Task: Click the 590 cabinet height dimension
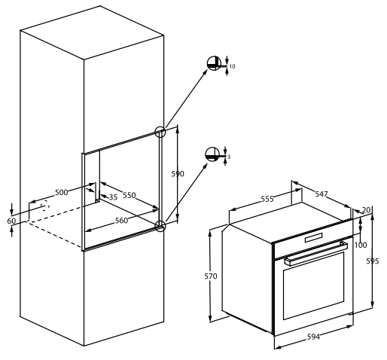[x=178, y=174]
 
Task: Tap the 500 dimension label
[x=62, y=192]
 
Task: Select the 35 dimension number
[x=113, y=197]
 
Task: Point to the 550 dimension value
[x=130, y=195]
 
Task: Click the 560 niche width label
[x=121, y=221]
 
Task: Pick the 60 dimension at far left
[x=11, y=221]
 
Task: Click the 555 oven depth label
[x=267, y=199]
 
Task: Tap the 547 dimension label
[x=321, y=194]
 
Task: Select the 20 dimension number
[x=367, y=210]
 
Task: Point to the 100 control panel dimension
[x=361, y=245]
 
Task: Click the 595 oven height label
[x=373, y=261]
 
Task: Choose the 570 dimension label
[x=211, y=276]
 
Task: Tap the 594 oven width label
[x=314, y=337]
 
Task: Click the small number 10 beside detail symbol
[x=233, y=66]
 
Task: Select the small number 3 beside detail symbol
[x=229, y=157]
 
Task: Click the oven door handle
[x=316, y=254]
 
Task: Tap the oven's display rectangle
[x=314, y=238]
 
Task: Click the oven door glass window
[x=314, y=285]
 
